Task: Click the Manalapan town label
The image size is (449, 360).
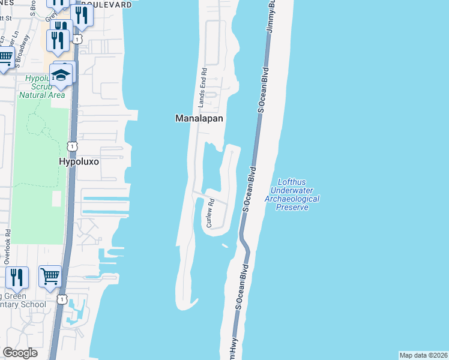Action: coord(199,119)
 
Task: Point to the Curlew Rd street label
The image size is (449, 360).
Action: coord(210,214)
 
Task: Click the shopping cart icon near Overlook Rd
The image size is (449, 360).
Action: coord(50,277)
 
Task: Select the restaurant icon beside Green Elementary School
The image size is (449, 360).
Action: coord(16,277)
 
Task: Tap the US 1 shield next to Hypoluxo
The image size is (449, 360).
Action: coord(71,145)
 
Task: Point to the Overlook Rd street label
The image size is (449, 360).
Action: coord(7,247)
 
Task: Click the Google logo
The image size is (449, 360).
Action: coord(20,353)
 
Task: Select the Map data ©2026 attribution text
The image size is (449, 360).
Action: coord(423,355)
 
